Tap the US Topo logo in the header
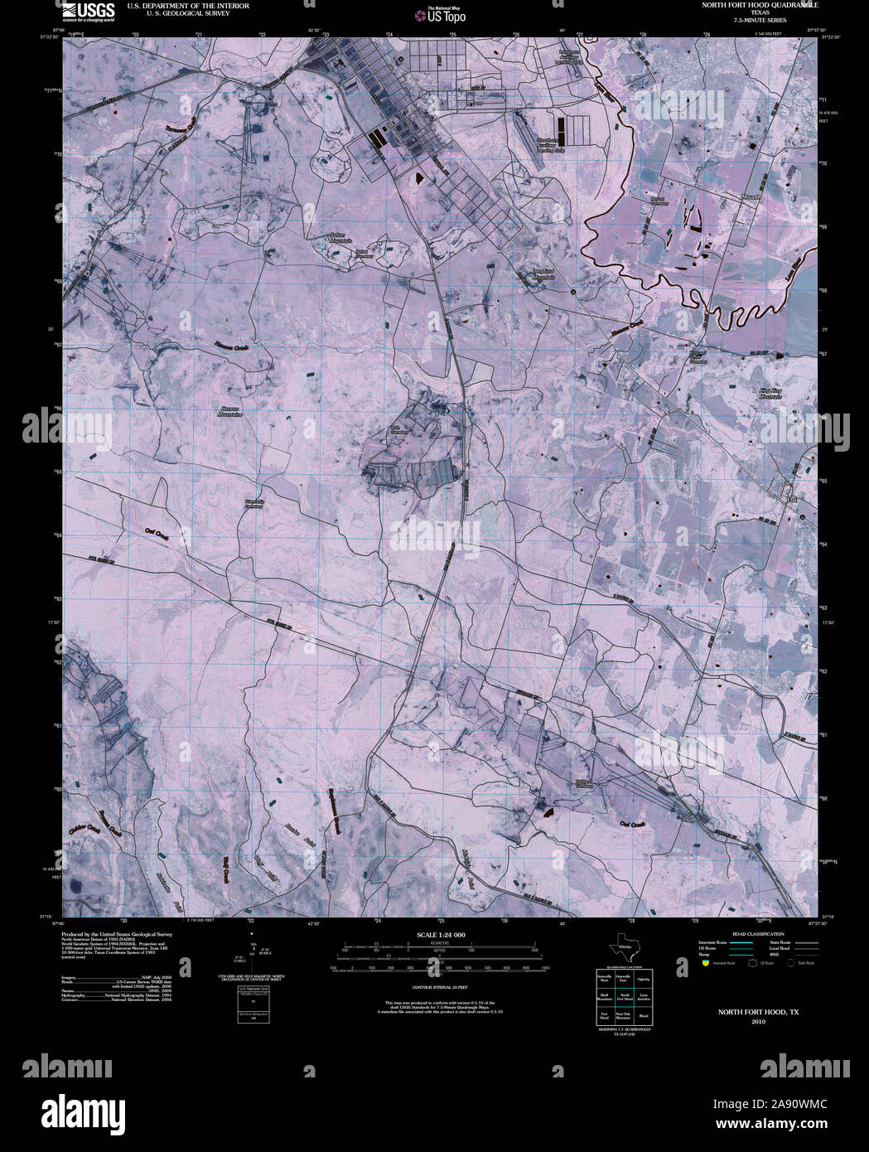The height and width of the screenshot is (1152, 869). pos(446,14)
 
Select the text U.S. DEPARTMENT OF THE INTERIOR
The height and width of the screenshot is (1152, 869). pos(187,5)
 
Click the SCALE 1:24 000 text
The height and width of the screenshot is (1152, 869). pos(441,935)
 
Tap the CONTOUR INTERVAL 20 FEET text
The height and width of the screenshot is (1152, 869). pos(441,986)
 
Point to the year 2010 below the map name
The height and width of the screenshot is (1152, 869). pos(758,1022)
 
